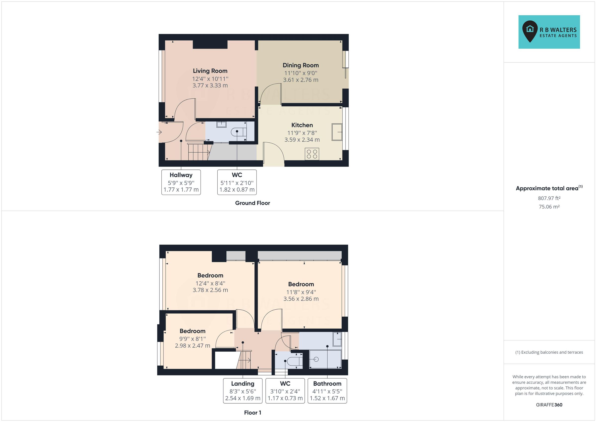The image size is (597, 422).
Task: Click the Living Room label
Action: coord(210,71)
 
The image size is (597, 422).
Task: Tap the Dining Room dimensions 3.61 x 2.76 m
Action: coord(300,80)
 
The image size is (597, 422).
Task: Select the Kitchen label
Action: coord(302,125)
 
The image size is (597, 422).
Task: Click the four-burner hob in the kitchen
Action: coord(312,154)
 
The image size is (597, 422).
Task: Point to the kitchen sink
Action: coord(337,132)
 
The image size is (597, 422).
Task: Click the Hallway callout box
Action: coord(181,182)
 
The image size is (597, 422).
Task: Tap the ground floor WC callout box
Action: coord(237,182)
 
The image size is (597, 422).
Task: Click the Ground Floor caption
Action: coord(252,203)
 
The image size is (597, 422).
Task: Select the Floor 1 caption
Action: coord(252,413)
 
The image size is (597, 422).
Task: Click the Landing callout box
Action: coord(243,391)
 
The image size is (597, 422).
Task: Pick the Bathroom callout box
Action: coord(327,391)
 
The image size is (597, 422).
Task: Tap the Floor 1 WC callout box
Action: coord(285,391)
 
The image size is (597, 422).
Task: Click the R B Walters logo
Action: coord(549,32)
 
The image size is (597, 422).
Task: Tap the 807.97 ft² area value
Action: coord(549,198)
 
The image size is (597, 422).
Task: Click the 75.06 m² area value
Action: coord(549,207)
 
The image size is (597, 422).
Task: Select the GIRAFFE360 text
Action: coord(549,405)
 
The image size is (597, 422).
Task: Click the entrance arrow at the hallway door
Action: coord(159,132)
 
